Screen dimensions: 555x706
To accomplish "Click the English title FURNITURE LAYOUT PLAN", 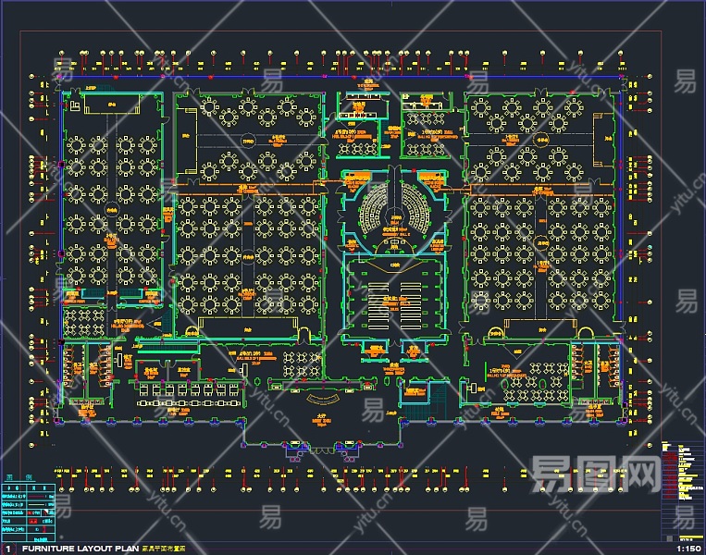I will (x=81, y=548).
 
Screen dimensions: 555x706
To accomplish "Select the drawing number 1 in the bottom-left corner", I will (x=8, y=548).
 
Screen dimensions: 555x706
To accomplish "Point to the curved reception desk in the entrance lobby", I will (x=321, y=399).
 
